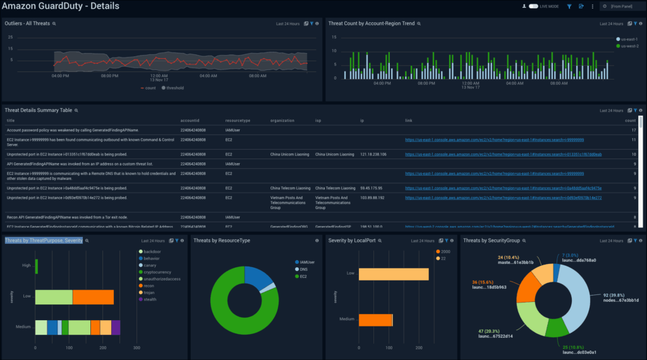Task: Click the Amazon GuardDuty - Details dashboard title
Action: point(60,6)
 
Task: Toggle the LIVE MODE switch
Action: point(533,6)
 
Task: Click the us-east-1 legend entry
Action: point(629,39)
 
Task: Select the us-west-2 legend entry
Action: point(629,45)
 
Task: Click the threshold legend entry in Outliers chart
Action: point(172,88)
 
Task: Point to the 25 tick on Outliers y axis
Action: point(10,37)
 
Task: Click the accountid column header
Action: point(190,120)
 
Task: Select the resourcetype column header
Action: point(238,120)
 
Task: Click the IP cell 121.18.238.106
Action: point(373,154)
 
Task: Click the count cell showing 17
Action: point(633,130)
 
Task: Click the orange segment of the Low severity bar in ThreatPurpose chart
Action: point(93,297)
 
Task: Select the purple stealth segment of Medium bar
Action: point(116,327)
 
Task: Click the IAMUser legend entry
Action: point(308,261)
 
